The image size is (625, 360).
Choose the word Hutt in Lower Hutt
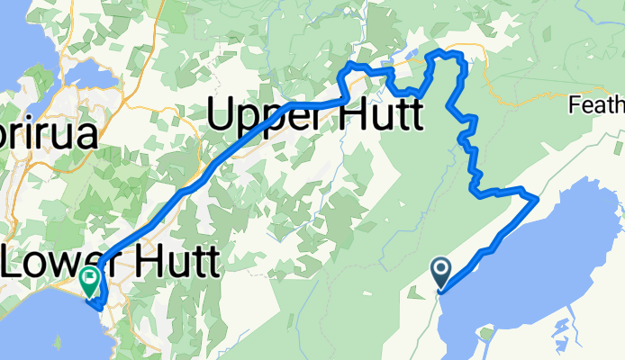[176, 263]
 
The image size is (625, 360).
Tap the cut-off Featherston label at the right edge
[598, 106]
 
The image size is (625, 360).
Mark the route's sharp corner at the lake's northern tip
[538, 196]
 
